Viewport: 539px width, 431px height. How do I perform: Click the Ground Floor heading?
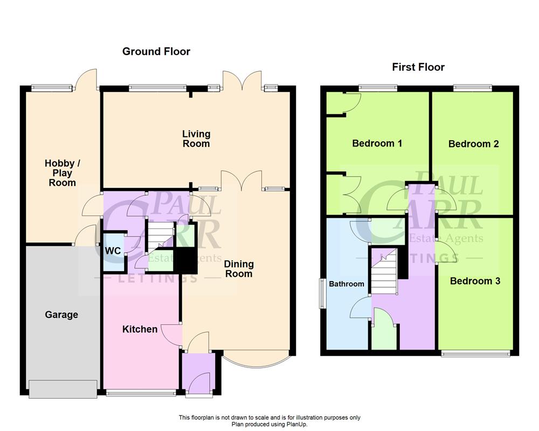point(156,52)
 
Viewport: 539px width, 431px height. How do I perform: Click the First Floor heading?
point(418,67)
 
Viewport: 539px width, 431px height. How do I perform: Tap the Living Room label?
point(196,138)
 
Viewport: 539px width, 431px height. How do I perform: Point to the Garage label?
point(61,315)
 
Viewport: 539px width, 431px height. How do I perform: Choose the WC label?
point(113,251)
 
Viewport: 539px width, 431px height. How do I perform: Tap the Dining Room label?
point(239,269)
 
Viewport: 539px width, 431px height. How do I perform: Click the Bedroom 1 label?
point(377,143)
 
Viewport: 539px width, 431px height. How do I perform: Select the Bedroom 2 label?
point(473,144)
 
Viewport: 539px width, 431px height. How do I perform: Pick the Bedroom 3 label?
point(475,281)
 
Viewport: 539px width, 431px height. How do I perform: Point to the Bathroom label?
point(347,284)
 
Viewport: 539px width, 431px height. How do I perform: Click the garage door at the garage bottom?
point(63,389)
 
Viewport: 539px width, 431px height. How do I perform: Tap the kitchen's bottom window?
point(141,393)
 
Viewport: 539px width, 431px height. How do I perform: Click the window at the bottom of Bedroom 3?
point(475,354)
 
